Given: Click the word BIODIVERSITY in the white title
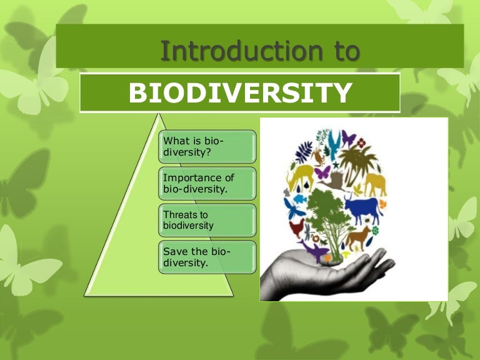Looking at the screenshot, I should click(x=239, y=92).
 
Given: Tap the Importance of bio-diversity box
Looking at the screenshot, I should click(x=206, y=183).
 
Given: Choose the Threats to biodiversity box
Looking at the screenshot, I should click(x=206, y=219).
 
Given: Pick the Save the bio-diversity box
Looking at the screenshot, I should click(x=206, y=256).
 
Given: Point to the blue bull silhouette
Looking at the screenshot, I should click(x=364, y=208).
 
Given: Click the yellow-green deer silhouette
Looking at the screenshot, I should click(x=301, y=175).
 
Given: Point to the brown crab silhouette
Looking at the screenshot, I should click(x=319, y=156).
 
